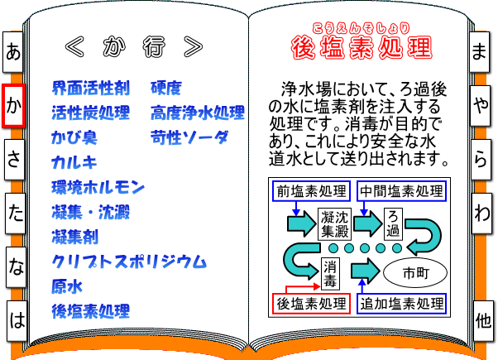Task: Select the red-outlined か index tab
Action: (13, 106)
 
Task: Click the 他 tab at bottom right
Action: (481, 319)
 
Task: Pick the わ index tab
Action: (481, 213)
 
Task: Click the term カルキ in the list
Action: (74, 162)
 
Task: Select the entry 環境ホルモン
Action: (98, 187)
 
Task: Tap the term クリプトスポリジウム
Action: (128, 262)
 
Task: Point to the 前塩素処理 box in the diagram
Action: (313, 190)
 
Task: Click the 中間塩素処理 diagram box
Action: (400, 190)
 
